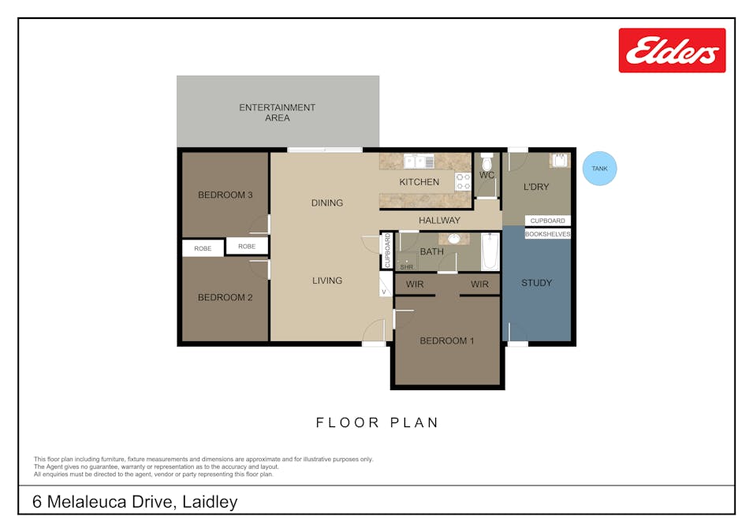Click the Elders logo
tap(672, 50)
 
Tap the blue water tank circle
tap(599, 168)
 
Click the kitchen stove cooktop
tap(462, 182)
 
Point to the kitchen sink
tap(419, 162)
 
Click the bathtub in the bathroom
tap(490, 251)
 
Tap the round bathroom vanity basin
tap(454, 239)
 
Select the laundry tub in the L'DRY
tap(559, 161)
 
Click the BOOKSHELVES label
tap(547, 234)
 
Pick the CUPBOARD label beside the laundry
tap(547, 221)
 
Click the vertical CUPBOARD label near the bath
tap(387, 251)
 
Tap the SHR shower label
tap(406, 266)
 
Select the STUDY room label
tap(537, 283)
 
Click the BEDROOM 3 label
tap(225, 195)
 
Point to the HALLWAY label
tap(439, 221)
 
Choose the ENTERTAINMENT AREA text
tap(277, 113)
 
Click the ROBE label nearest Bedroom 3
tap(247, 246)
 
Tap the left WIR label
tap(415, 284)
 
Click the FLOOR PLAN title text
tap(377, 422)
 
